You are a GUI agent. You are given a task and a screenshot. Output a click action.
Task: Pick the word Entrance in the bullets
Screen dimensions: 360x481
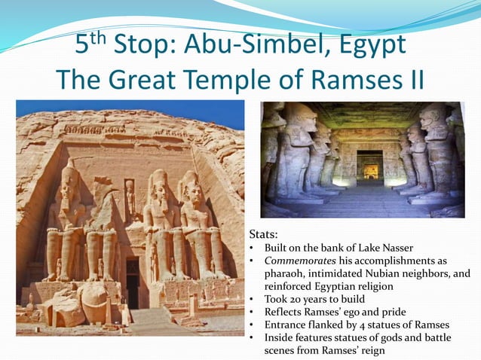click(287, 325)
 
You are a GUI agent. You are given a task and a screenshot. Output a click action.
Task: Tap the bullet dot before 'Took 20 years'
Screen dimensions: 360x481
click(253, 299)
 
